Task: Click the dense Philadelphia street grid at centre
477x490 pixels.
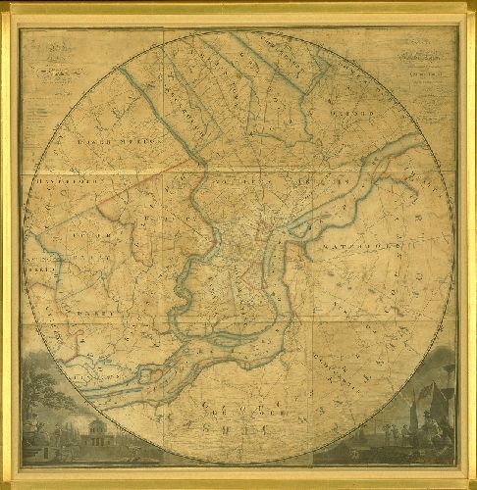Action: (x=250, y=250)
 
